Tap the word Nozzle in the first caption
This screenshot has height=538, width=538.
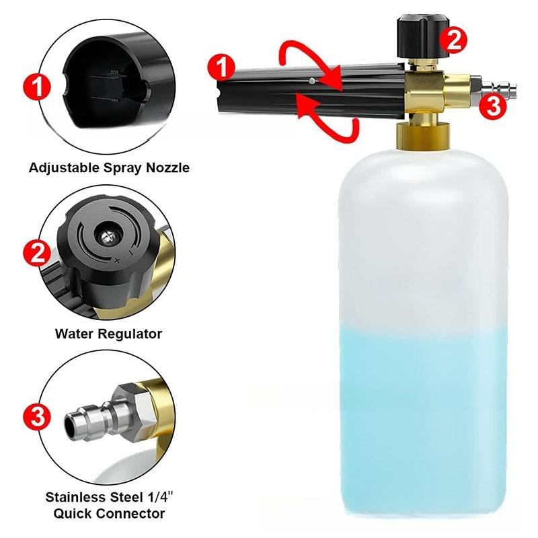[165, 167]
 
